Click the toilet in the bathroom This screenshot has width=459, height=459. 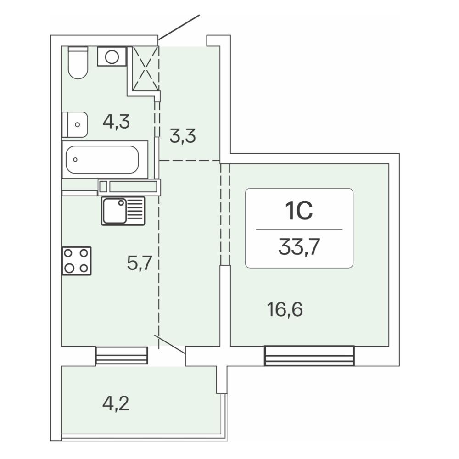78,62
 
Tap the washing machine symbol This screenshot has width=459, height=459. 112,56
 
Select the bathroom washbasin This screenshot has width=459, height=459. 75,124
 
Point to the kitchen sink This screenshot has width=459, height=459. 123,211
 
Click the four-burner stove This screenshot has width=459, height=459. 77,261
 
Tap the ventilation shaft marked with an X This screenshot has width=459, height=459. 146,68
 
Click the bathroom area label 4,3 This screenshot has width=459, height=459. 116,122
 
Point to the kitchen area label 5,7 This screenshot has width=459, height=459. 140,263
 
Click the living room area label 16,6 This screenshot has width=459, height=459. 285,310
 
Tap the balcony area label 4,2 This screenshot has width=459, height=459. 116,403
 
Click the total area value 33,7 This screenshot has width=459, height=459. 299,247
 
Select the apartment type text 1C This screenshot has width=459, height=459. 299,211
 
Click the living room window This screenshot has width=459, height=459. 309,356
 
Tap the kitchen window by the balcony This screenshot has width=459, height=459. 122,356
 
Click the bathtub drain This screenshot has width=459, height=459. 76,160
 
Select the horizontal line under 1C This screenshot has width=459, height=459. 299,229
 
